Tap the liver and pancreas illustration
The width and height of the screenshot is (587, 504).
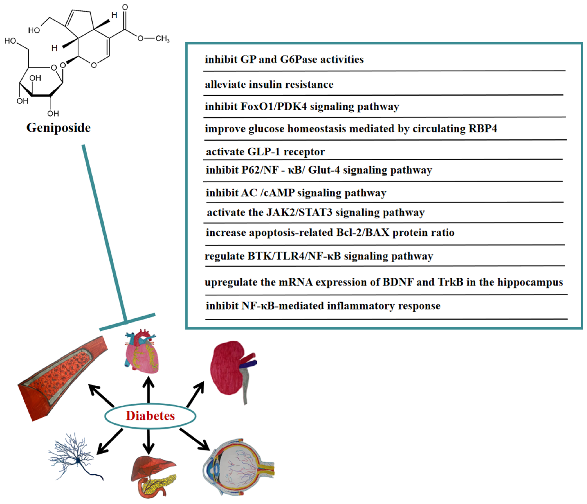(153, 475)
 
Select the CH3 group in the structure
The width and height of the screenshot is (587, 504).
(162, 38)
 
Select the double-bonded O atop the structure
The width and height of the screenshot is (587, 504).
(125, 7)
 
